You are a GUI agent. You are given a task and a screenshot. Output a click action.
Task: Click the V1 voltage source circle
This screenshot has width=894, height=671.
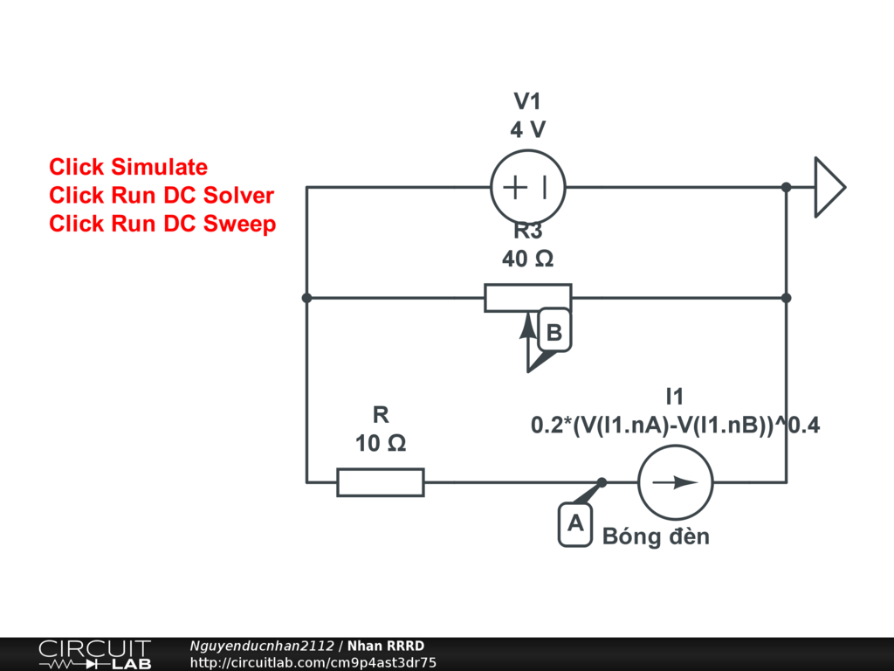tap(527, 188)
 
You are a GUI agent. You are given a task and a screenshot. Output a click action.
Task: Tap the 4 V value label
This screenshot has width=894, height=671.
tap(527, 130)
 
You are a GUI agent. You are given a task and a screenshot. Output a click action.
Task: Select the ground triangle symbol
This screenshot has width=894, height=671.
tap(829, 187)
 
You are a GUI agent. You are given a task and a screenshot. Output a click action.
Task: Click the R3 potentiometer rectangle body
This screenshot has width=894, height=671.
tap(527, 298)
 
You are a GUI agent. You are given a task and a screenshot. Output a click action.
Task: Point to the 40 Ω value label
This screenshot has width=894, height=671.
tap(527, 259)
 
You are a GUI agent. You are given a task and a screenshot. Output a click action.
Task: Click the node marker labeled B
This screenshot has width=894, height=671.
tap(554, 332)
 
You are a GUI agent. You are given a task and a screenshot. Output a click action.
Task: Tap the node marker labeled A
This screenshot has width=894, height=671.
tap(574, 523)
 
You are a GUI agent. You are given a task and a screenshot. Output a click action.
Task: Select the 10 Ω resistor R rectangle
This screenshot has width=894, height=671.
tap(381, 481)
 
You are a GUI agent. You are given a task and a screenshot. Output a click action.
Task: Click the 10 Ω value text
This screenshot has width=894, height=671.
tap(381, 444)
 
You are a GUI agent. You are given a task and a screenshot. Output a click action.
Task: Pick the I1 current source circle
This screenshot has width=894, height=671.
tap(675, 482)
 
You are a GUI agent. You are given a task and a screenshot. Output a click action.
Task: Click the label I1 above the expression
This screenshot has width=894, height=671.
tap(675, 397)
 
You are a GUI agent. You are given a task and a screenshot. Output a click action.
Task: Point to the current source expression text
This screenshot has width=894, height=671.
tap(675, 425)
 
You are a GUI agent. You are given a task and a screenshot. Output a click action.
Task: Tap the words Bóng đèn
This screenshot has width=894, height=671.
tap(656, 536)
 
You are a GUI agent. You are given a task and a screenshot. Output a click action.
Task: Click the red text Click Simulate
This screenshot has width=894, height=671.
tap(128, 167)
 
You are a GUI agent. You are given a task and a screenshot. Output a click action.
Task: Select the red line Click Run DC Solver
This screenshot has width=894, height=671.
tap(162, 195)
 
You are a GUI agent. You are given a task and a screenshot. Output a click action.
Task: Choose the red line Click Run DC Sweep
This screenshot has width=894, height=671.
tap(162, 224)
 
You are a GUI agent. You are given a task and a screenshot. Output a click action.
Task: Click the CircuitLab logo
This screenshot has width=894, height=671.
tap(94, 654)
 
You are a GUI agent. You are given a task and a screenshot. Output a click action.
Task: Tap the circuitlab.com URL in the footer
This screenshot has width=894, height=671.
tap(313, 663)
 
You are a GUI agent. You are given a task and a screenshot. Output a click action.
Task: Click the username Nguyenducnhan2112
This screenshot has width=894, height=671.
tap(262, 646)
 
